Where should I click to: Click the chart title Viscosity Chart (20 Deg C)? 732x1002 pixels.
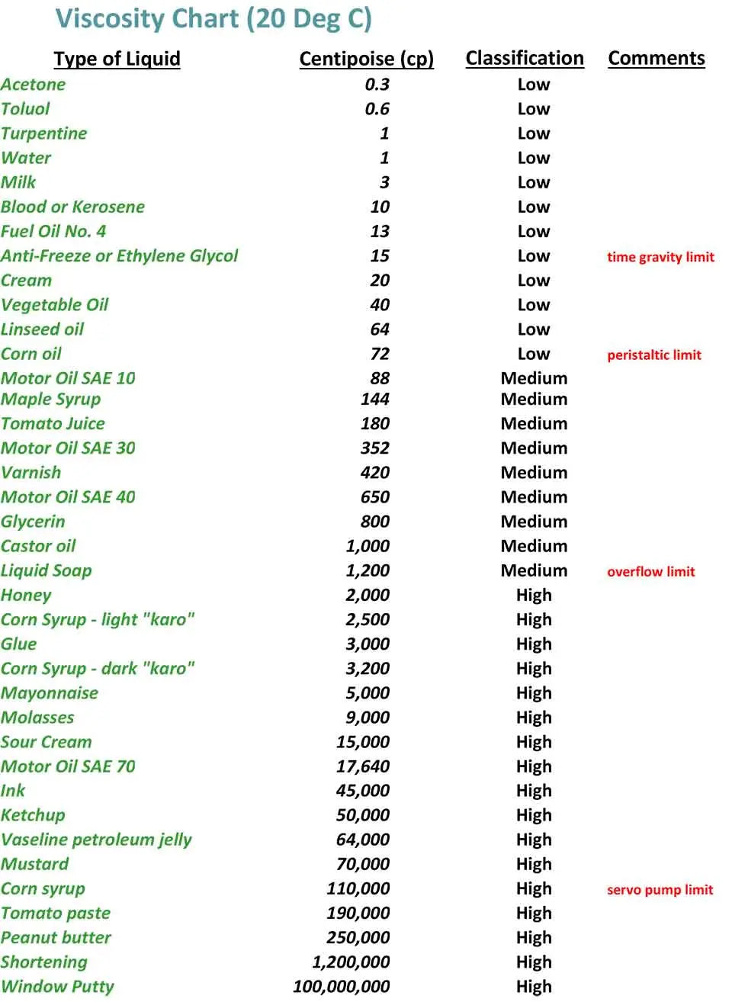213,18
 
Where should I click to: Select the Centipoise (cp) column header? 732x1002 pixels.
366,59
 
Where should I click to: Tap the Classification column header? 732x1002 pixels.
525,59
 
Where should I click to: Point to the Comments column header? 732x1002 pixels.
657,59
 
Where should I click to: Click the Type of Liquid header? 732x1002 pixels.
117,59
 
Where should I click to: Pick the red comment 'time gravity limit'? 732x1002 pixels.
660,257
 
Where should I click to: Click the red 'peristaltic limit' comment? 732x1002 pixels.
654,355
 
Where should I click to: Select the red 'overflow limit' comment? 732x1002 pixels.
651,571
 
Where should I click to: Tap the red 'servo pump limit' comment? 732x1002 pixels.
660,889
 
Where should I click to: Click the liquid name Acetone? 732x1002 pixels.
34,85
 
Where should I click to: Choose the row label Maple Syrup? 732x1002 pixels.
51,399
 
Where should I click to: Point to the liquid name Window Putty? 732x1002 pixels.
57,986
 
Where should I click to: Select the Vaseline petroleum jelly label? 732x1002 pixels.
96,840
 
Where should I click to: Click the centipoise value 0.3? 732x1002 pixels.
377,85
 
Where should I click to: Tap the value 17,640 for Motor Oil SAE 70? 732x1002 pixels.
363,766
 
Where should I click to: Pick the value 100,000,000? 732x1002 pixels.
342,986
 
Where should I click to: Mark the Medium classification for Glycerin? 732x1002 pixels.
534,522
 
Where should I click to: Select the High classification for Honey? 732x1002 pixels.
534,595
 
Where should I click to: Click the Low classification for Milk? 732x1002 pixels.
534,182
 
